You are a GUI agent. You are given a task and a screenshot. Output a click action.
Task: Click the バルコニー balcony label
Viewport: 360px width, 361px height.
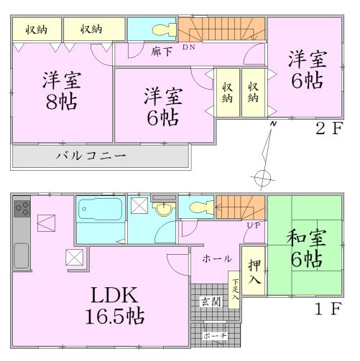tap(91, 156)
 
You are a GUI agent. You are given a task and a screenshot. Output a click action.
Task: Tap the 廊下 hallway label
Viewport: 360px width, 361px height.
tap(160, 52)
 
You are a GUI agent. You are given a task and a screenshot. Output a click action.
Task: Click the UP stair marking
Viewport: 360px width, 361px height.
tap(254, 226)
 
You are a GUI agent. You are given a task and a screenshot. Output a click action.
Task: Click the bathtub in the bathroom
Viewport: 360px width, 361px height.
tap(100, 210)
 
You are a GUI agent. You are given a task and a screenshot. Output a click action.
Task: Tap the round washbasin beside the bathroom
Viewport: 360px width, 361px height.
tap(165, 209)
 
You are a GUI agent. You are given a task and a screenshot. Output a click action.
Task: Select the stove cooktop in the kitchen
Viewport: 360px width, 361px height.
tap(22, 210)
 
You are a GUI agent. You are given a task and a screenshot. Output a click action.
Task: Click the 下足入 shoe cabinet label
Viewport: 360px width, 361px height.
tap(235, 288)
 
